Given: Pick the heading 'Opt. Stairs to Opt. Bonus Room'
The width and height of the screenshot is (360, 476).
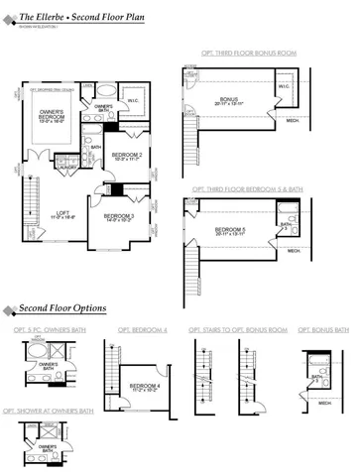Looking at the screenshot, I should pos(238,329).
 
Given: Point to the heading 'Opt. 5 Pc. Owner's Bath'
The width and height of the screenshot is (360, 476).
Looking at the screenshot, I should pos(48,329).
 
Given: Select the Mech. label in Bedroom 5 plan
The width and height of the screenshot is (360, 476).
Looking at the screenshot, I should pos(294,251).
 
